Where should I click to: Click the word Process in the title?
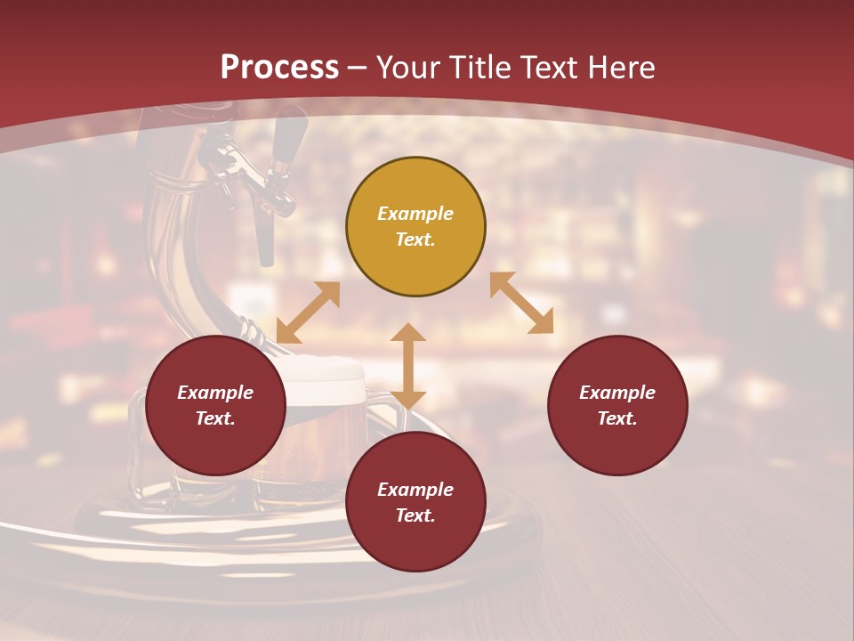(x=279, y=68)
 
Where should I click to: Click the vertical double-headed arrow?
(x=408, y=366)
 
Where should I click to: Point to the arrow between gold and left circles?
(x=308, y=312)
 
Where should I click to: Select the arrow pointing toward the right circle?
(x=521, y=303)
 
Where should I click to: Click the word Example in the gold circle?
(x=415, y=214)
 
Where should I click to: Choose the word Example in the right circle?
(x=617, y=393)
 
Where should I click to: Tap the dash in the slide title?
(x=357, y=68)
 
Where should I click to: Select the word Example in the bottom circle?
(x=415, y=490)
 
